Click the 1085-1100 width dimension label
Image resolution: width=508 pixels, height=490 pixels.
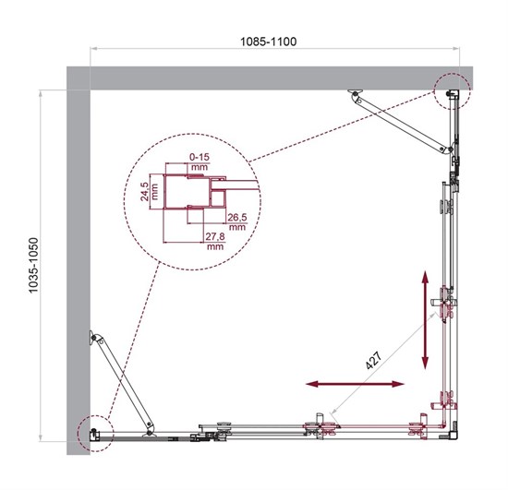[268, 42]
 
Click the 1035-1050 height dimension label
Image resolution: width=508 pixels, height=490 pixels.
[33, 266]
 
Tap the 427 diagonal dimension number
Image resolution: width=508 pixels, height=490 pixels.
[373, 360]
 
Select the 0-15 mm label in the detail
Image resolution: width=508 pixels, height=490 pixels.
[200, 161]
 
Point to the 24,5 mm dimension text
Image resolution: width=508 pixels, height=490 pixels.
[150, 192]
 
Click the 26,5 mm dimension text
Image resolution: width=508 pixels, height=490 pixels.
[237, 221]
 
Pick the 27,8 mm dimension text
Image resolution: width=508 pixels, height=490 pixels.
[215, 241]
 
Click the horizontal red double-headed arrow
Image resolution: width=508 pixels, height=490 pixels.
[356, 384]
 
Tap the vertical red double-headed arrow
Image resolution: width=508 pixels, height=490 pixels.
[425, 319]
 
